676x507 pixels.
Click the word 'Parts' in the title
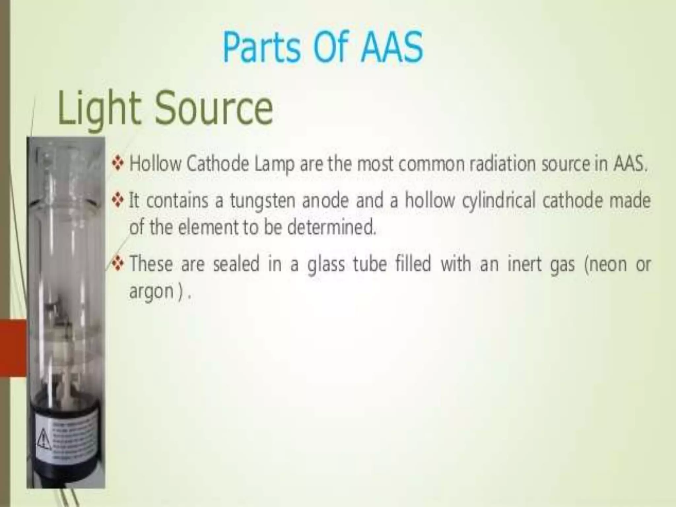261,47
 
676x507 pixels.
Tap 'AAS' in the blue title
392,47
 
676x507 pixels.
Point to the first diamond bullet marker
118,163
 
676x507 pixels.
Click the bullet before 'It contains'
118,200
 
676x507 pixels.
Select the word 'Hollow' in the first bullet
155,164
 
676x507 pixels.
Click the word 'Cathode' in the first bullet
218,164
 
